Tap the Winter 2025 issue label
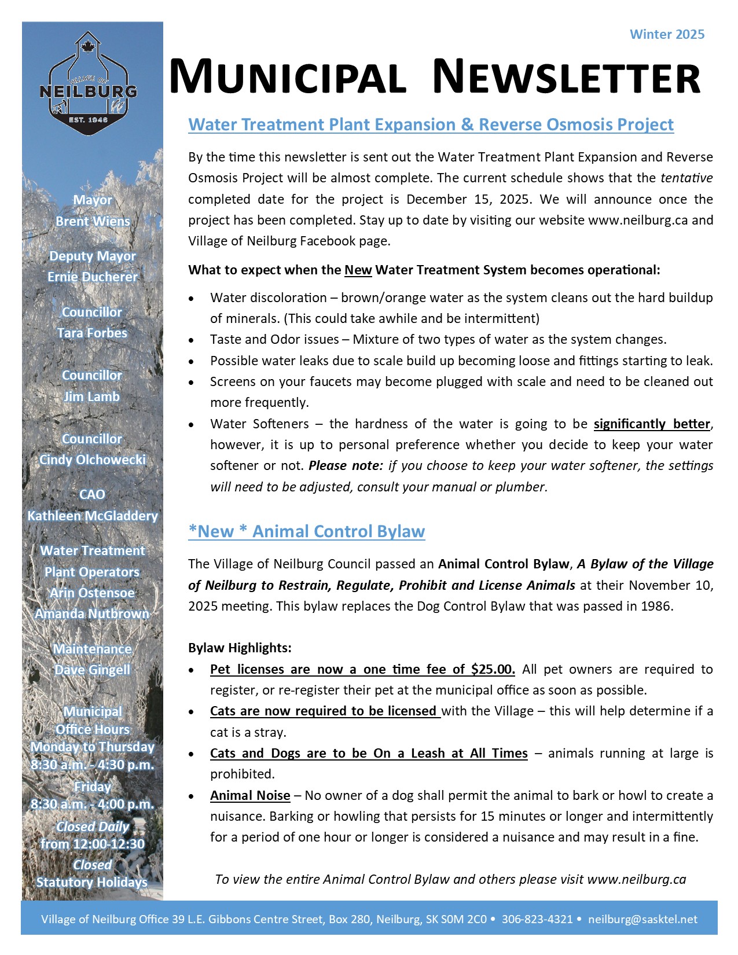[x=667, y=34]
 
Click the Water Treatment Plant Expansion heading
[x=431, y=125]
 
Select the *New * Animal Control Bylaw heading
[x=306, y=531]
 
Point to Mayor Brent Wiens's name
[x=93, y=221]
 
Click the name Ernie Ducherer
[x=93, y=277]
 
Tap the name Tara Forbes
[x=92, y=333]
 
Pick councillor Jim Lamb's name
[x=92, y=396]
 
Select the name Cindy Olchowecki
[x=92, y=460]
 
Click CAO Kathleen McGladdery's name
[x=93, y=515]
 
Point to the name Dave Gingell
[x=93, y=670]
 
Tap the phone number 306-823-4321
[x=537, y=919]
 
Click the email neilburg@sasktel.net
[x=642, y=919]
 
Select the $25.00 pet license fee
[x=493, y=669]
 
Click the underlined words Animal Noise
[x=250, y=795]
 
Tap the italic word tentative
[x=686, y=178]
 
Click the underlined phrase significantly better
[x=652, y=424]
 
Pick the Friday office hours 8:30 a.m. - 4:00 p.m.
[x=93, y=804]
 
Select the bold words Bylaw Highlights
[x=240, y=648]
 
